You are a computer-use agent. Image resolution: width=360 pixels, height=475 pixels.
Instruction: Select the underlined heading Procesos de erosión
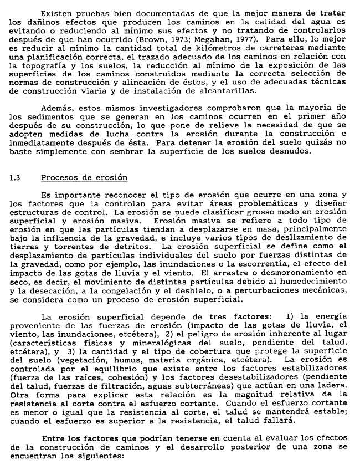(84, 177)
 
